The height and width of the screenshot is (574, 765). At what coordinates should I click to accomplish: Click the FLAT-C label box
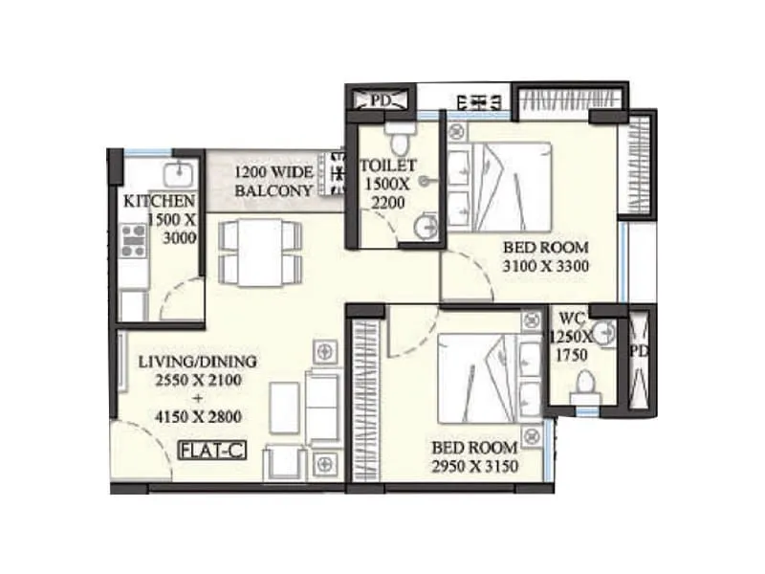point(211,448)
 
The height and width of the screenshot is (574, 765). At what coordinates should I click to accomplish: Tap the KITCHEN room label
point(160,201)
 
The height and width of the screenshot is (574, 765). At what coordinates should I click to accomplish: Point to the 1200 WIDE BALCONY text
point(274,182)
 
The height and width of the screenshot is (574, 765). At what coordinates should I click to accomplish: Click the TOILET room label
point(382,166)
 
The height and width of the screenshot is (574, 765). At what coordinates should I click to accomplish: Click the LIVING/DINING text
point(197,362)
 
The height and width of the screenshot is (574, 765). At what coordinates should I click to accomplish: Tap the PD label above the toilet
point(382,99)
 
